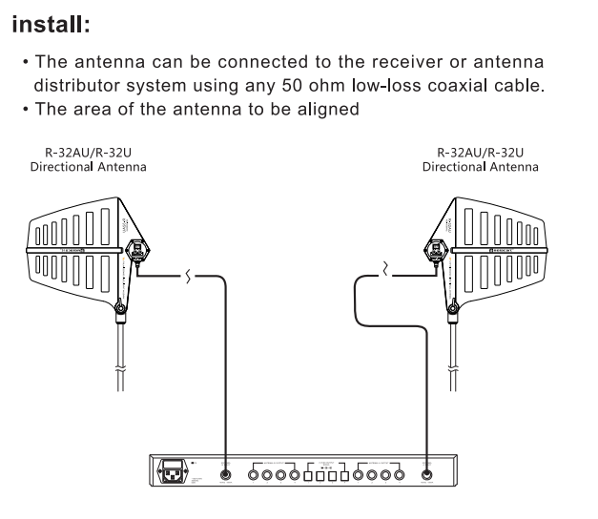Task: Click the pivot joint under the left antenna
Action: (119, 308)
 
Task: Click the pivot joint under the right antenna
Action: (457, 308)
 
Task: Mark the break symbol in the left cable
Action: (188, 277)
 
